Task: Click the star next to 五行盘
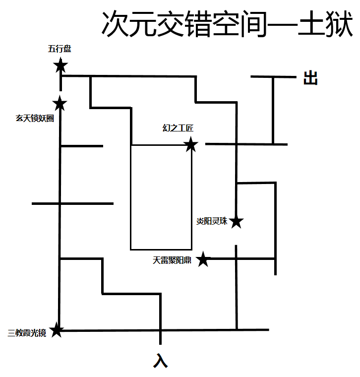click(60, 65)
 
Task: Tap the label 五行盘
click(59, 49)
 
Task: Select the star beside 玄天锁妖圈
click(60, 104)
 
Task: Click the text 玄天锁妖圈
click(35, 119)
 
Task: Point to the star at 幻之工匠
click(191, 145)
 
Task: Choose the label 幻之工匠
click(178, 128)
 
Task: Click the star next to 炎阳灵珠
click(237, 222)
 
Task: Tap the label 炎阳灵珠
click(212, 222)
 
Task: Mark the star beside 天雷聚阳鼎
click(203, 259)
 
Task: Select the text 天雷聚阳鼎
click(172, 259)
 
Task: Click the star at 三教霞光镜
click(57, 330)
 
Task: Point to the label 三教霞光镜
click(27, 333)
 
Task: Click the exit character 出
click(310, 78)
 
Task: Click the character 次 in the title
click(116, 24)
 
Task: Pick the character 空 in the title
click(226, 24)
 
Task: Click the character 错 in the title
click(198, 24)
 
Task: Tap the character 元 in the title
click(143, 24)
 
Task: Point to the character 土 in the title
click(311, 24)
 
